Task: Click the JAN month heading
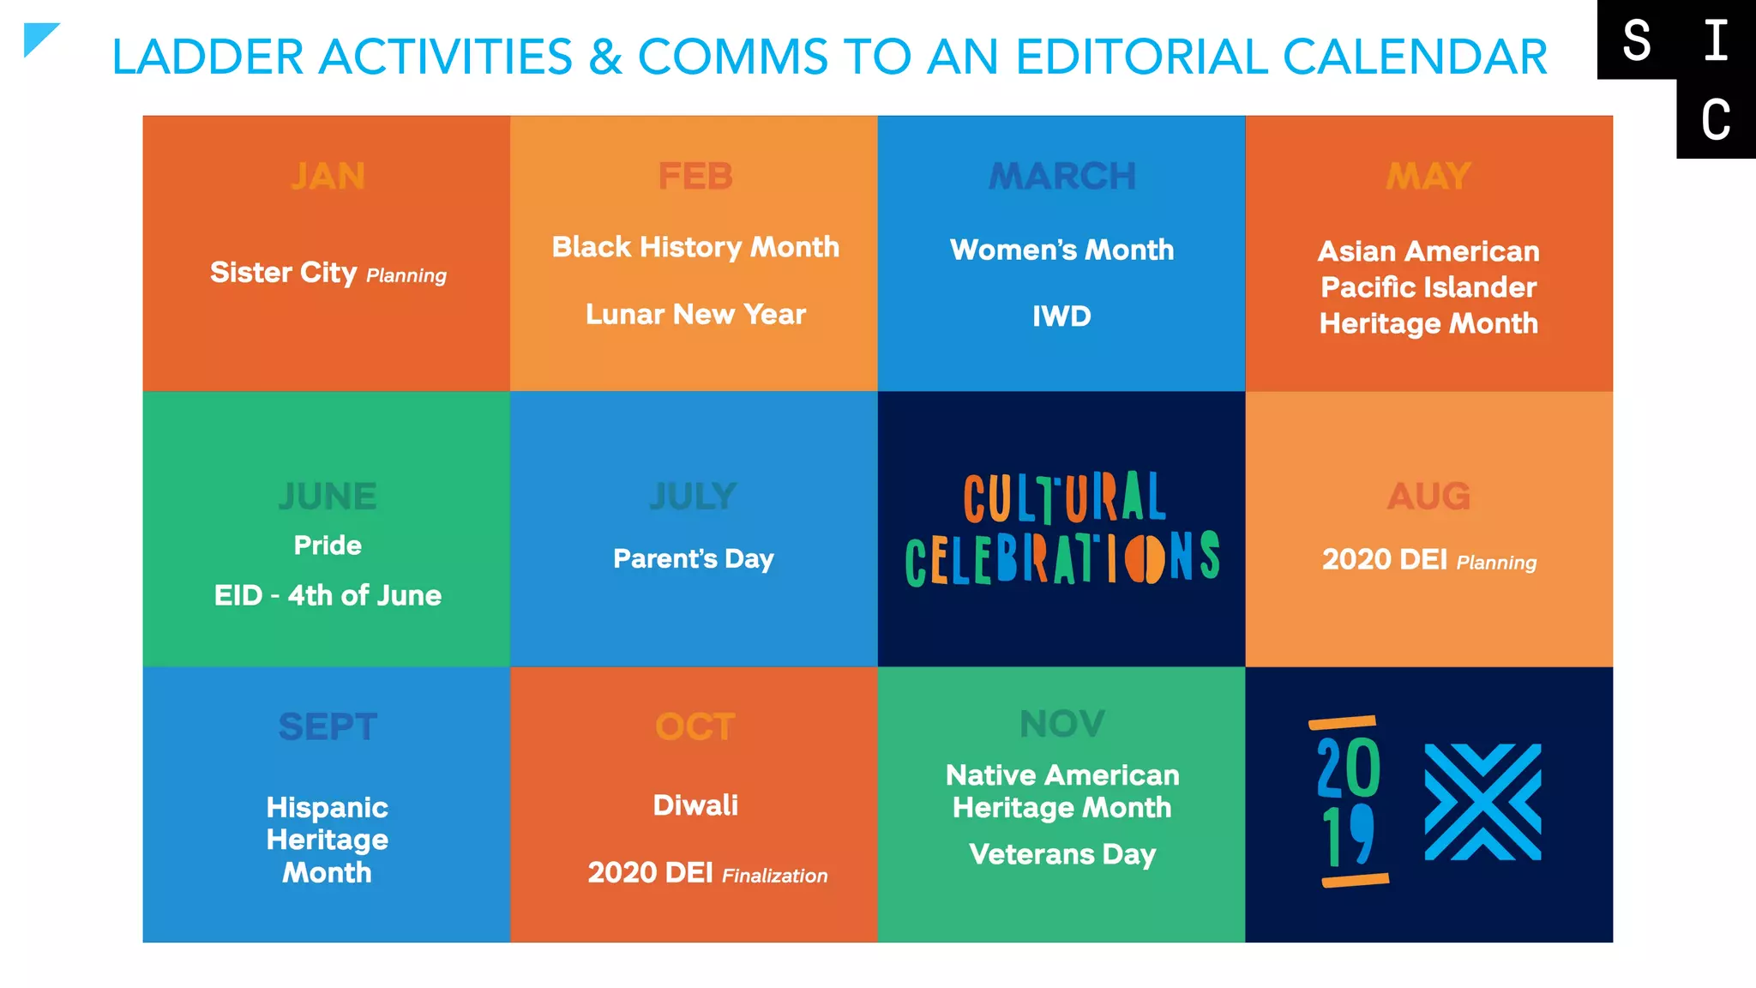328,177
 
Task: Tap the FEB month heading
695,177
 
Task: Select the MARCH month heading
1062,177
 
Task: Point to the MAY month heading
1428,177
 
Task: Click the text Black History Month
695,247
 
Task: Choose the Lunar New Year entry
695,315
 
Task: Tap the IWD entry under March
1061,316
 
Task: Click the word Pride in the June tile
328,545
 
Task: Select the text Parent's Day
694,559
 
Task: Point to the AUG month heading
1428,497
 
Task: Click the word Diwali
695,805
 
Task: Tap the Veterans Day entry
1062,854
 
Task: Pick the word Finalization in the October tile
775,876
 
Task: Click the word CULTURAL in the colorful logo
1064,497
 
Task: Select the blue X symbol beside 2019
1482,802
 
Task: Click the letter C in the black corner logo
1716,119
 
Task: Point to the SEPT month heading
328,727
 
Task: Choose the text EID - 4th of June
328,595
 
